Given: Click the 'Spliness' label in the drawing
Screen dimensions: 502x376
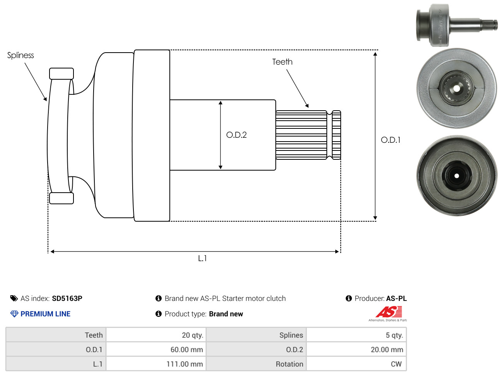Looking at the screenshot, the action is point(20,55).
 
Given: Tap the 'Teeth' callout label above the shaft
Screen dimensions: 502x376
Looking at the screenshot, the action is point(282,62).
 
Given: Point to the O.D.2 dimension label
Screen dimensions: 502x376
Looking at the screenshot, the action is point(236,135).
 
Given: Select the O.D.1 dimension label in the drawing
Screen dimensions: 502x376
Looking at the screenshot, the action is point(390,140).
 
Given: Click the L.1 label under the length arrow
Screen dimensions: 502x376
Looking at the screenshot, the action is point(202,258).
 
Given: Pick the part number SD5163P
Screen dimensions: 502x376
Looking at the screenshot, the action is point(67,299).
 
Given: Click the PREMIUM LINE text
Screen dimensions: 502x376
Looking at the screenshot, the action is point(45,314).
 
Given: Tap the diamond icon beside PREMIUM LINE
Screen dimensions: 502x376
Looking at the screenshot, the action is point(14,314).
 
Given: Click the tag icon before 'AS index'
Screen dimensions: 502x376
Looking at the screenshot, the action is point(14,299).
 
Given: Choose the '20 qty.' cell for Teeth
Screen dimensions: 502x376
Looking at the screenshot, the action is point(156,335).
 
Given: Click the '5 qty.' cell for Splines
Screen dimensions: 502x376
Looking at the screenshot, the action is point(356,335).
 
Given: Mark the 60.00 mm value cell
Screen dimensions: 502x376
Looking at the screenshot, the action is point(156,349).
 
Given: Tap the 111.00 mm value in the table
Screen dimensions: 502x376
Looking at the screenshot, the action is point(184,364).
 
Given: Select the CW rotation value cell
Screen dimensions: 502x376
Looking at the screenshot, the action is point(356,364).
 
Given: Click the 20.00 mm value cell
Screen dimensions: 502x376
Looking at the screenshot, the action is point(356,349).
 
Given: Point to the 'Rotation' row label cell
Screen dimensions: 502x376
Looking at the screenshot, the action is point(256,364).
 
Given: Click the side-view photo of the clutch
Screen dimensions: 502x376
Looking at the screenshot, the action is point(457,25).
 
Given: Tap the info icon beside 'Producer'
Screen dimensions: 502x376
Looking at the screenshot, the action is point(348,298).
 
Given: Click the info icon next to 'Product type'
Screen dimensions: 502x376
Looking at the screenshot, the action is point(158,314).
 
